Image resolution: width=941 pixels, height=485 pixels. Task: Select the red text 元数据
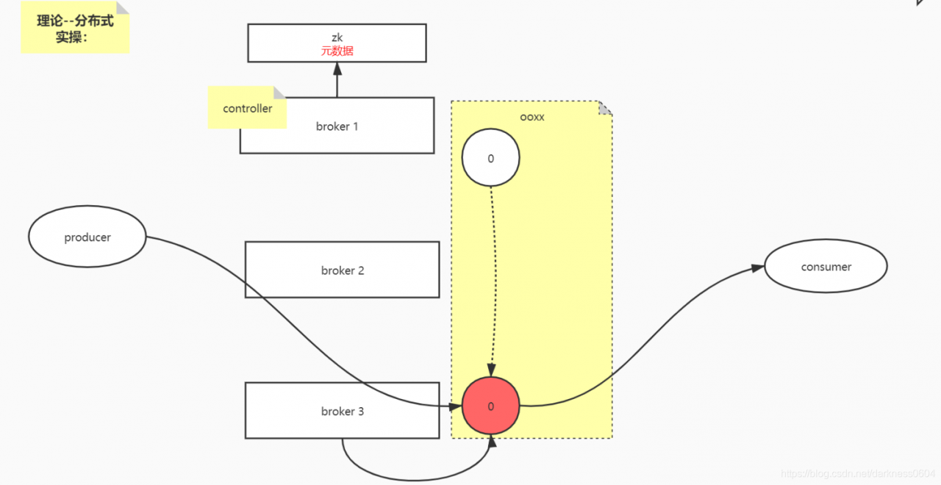[337, 51]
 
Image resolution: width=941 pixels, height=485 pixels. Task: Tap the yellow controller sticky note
[247, 109]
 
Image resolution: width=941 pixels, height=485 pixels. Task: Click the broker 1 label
[337, 126]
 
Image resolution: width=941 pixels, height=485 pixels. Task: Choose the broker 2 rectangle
[342, 270]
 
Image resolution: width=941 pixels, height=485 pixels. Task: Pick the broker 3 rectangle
[342, 412]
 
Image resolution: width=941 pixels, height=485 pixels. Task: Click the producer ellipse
[87, 237]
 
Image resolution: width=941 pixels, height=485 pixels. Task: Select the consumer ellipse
[826, 267]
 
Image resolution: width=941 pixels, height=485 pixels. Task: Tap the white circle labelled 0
[490, 158]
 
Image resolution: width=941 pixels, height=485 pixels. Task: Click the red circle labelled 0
[490, 406]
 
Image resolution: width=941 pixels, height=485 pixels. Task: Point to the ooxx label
[532, 117]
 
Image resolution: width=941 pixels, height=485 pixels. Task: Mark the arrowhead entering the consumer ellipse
[758, 269]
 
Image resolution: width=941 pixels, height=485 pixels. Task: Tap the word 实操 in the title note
[68, 37]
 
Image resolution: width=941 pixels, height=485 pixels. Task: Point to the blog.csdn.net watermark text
[857, 474]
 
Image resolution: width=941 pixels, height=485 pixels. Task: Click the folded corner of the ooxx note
[605, 108]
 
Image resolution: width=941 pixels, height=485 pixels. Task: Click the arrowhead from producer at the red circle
[455, 406]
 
